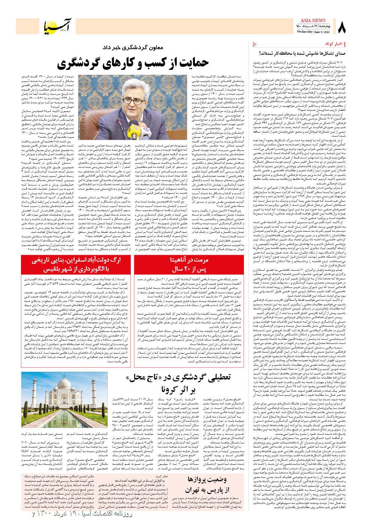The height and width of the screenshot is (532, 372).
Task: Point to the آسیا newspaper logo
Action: [x=60, y=27]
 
